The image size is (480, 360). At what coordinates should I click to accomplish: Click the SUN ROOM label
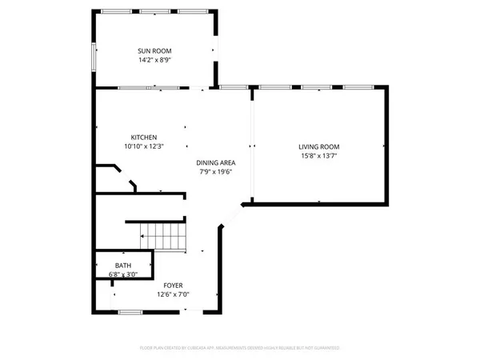pos(155,50)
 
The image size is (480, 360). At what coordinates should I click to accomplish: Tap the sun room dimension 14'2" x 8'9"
pos(155,59)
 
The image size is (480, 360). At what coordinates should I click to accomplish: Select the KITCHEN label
pos(144,137)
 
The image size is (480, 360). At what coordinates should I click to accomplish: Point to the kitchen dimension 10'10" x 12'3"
pos(144,146)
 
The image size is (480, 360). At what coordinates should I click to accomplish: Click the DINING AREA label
pos(217,162)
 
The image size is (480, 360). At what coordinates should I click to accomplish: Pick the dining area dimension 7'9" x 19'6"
pos(217,172)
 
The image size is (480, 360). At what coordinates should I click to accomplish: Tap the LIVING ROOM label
pos(319,146)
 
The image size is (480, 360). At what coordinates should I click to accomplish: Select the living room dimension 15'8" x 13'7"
pos(319,156)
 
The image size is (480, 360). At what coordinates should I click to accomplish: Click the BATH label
pos(123,266)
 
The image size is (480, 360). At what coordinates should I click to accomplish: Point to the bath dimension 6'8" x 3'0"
pos(123,274)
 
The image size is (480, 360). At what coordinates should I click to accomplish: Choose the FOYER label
pos(173,286)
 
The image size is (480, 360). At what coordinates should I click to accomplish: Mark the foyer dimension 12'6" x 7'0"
pos(173,294)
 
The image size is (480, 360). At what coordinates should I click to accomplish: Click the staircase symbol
pos(163,237)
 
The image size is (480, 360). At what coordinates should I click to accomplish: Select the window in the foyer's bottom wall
pos(130,311)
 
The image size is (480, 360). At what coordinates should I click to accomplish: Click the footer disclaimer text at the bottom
pos(240,348)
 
